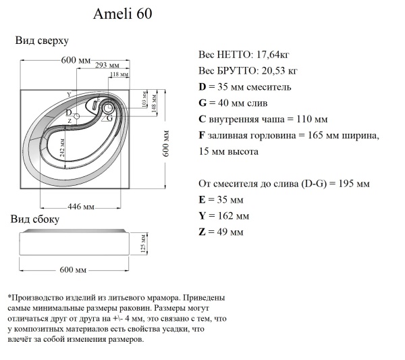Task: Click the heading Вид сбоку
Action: pyautogui.click(x=35, y=220)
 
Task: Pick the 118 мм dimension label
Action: pyautogui.click(x=119, y=74)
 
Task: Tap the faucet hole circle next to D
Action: pyautogui.click(x=76, y=116)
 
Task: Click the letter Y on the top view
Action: pyautogui.click(x=68, y=94)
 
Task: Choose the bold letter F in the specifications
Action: pyautogui.click(x=201, y=136)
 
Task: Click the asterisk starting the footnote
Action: pyautogui.click(x=9, y=298)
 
